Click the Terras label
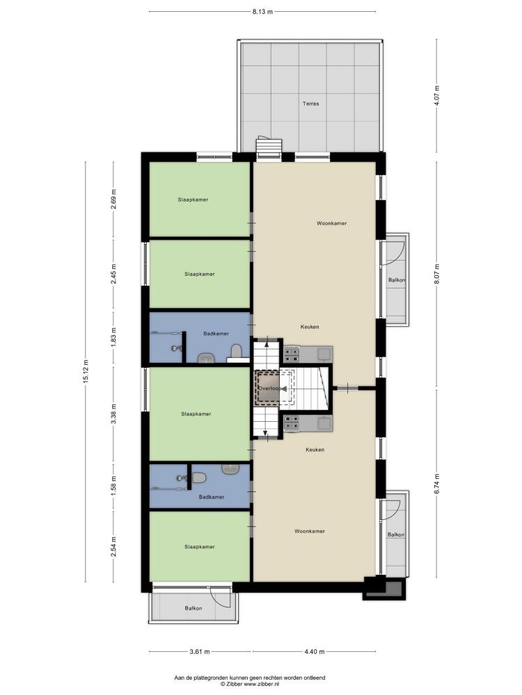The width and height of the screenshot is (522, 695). point(310,104)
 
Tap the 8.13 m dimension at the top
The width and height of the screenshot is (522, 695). point(262,12)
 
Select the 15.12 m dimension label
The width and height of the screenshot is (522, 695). point(86,370)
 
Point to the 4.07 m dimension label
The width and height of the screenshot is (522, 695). point(436,95)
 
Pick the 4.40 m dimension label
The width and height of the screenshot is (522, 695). point(315,652)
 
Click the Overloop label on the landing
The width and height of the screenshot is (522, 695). point(269,389)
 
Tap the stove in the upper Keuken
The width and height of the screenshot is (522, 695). point(292,354)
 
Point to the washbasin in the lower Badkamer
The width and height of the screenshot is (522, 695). point(230,469)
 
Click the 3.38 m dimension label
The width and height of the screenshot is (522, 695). point(113,414)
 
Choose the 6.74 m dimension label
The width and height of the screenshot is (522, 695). point(436,484)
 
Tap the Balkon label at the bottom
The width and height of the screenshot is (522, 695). point(193,609)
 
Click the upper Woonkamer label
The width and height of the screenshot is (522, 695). point(331,223)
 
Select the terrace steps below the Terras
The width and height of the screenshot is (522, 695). point(269,149)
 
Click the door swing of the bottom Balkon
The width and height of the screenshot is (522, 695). point(221,596)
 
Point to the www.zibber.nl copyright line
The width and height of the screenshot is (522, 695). point(249,685)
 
